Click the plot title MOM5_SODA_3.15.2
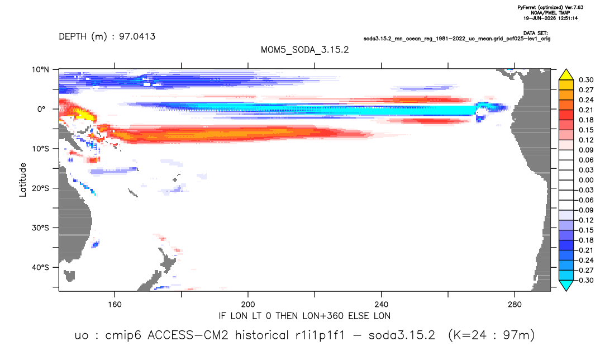pos(304,50)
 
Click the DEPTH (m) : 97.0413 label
pos(107,36)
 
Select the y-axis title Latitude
pos(23,180)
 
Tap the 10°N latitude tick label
pos(40,70)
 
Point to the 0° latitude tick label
pos(41,109)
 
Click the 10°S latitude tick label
pos(40,149)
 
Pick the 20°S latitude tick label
pos(40,188)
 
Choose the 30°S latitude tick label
pos(40,228)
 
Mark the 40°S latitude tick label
pos(40,267)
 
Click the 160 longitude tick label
pos(115,305)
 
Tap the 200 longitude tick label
pos(248,305)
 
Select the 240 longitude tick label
pos(381,305)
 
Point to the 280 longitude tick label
pos(515,305)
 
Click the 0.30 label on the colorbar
pos(586,80)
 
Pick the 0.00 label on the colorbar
pos(586,180)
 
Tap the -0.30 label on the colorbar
pos(584,280)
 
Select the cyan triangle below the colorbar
pos(566,285)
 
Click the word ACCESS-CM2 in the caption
pos(188,335)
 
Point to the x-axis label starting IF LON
pos(304,316)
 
